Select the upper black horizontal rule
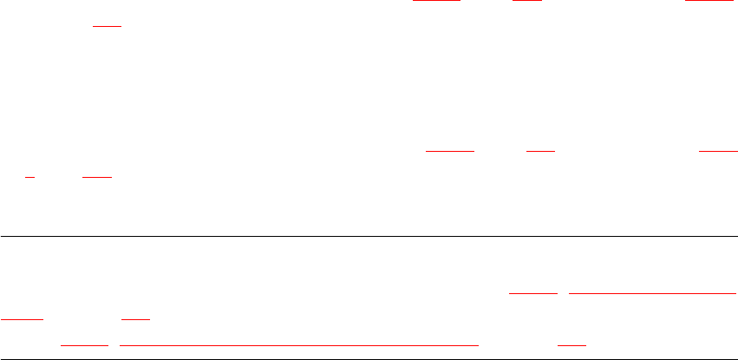[x=369, y=236]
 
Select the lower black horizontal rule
[x=369, y=359]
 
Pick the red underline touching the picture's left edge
[x=22, y=318]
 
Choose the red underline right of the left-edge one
[x=135, y=318]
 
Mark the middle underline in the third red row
[x=540, y=149]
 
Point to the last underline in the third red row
[x=717, y=149]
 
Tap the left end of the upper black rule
[x=3, y=236]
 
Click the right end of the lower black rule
[x=735, y=359]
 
